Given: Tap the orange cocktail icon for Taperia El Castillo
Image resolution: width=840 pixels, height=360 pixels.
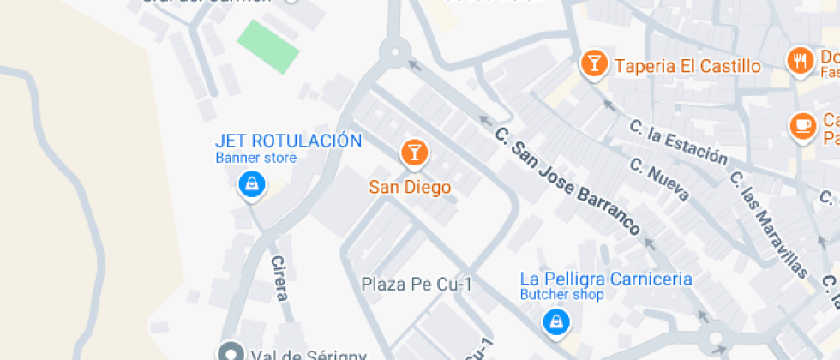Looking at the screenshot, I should (x=592, y=63).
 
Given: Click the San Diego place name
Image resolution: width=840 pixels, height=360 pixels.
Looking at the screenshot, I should (x=410, y=187).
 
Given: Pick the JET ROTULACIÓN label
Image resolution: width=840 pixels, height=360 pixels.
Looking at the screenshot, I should (x=288, y=141).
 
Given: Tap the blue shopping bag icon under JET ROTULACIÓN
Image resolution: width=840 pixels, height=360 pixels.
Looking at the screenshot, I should (x=251, y=183).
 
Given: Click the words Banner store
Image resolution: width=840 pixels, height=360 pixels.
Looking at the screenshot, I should (x=255, y=158).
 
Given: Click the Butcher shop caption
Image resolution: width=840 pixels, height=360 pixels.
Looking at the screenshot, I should (x=561, y=295).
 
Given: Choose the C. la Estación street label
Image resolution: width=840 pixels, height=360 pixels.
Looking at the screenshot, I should (x=678, y=141).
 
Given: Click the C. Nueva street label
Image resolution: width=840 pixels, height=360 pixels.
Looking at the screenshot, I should (x=659, y=179).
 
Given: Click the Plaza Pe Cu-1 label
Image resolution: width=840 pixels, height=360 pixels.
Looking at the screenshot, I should (x=417, y=284).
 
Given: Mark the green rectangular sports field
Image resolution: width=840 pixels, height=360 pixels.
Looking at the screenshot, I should (x=268, y=46).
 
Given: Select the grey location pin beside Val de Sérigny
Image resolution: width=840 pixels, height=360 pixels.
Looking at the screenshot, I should (x=230, y=352).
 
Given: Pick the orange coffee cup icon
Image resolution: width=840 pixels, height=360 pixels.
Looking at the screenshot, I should (x=803, y=125).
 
